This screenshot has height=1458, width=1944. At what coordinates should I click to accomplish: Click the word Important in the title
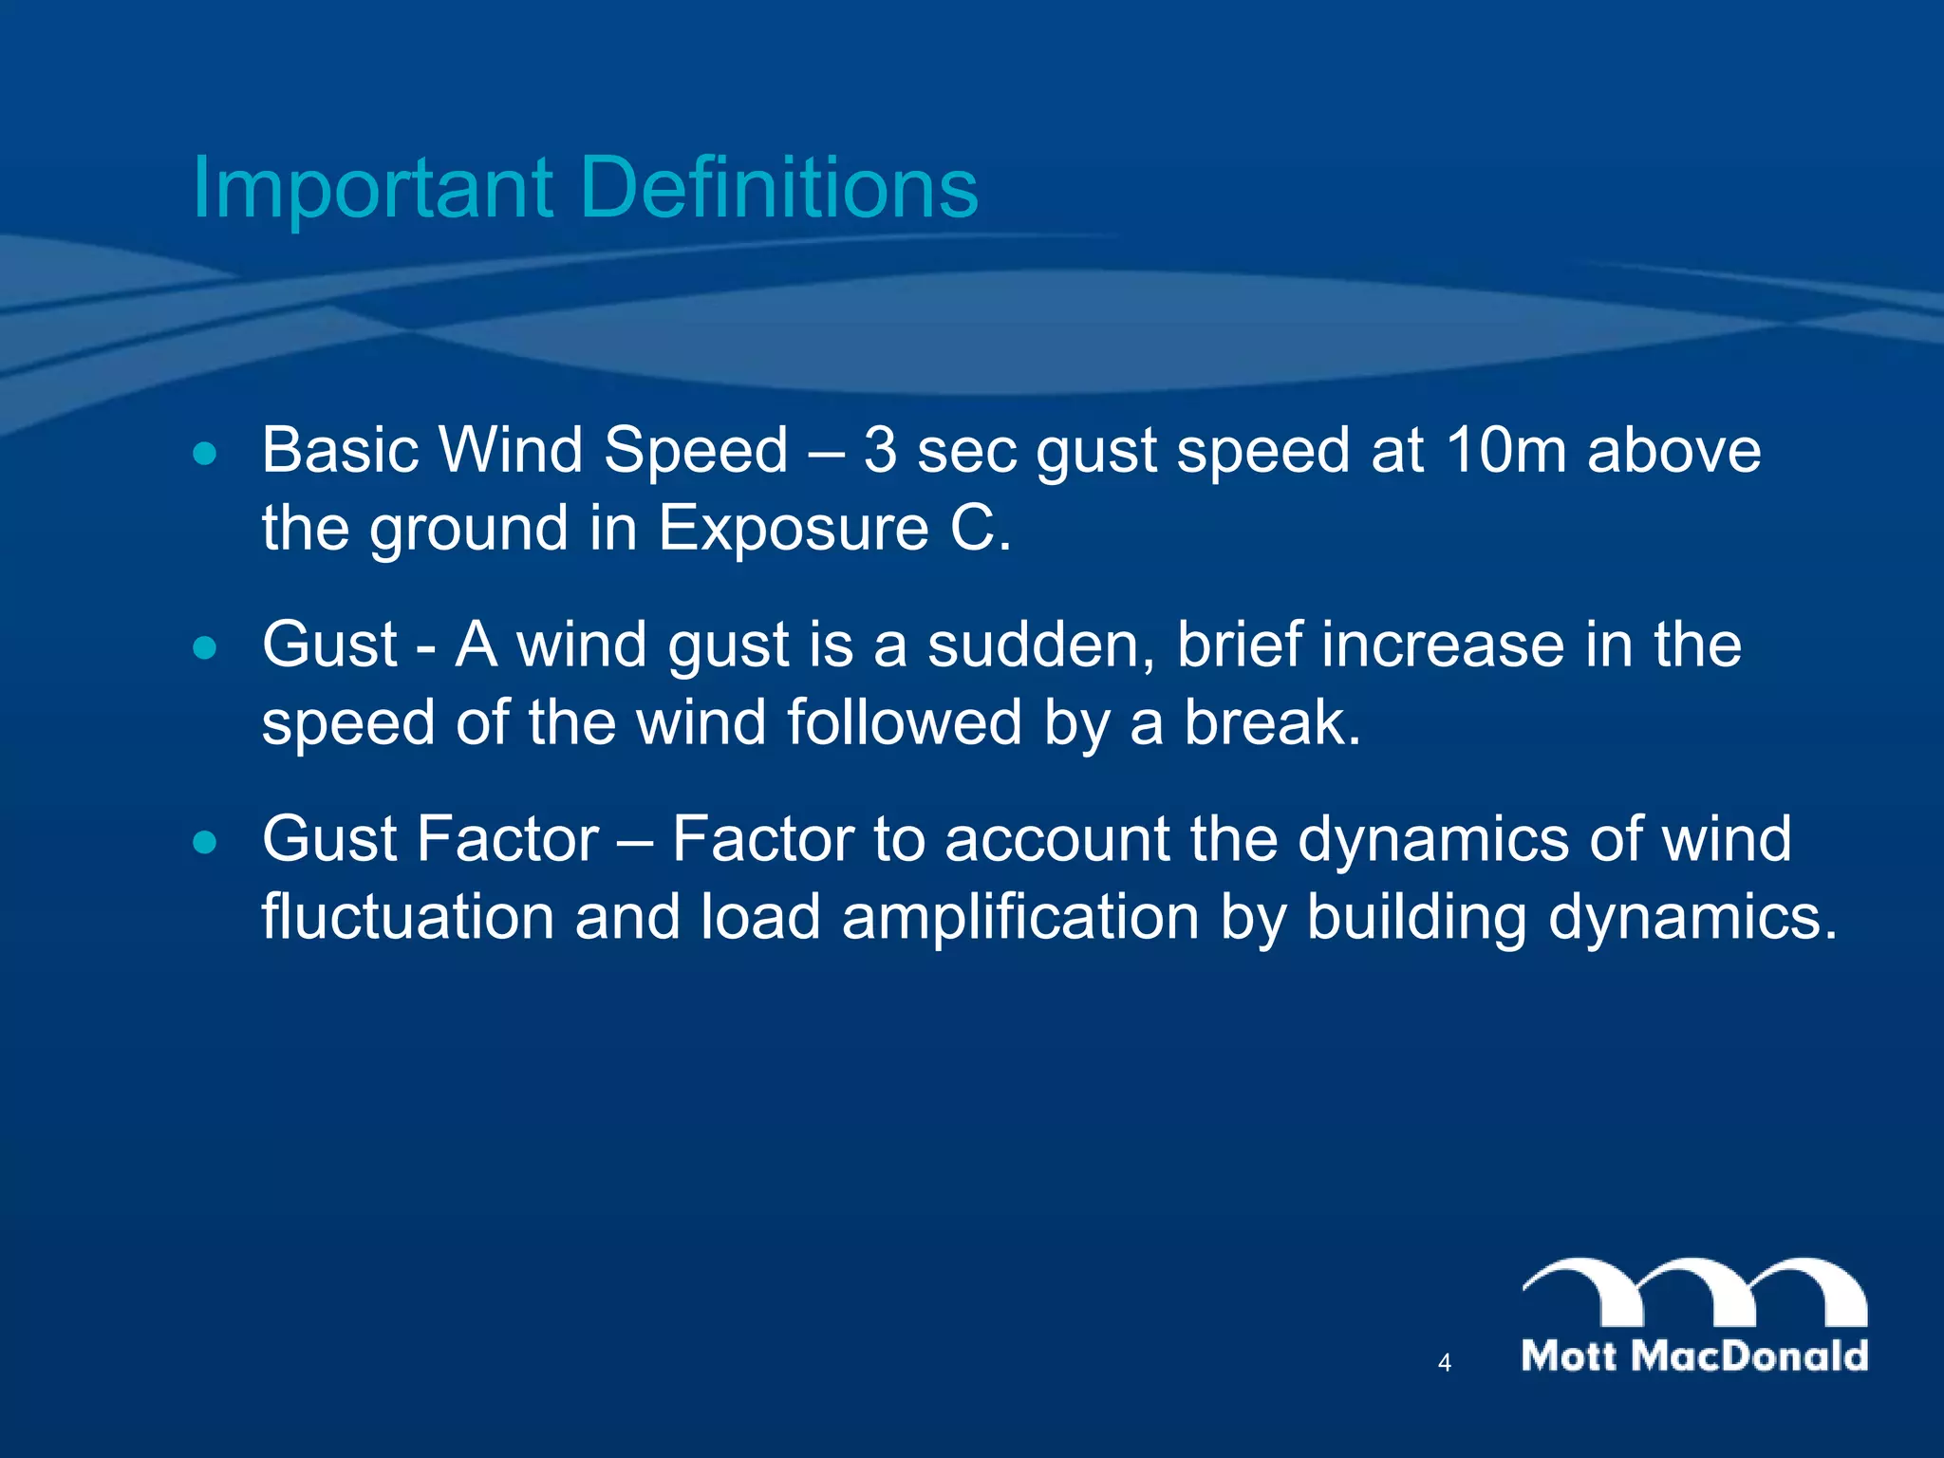pos(372,188)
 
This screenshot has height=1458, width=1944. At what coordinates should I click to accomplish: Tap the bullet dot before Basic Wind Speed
pos(204,454)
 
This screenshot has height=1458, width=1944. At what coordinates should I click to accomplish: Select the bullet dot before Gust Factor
pos(204,842)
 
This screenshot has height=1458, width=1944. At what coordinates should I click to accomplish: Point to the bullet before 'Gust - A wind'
pos(204,648)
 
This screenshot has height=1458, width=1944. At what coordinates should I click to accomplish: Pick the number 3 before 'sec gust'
pos(880,450)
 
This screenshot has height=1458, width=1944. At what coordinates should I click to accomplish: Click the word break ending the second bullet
pos(1271,723)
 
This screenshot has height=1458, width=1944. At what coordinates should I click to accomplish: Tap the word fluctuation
pos(408,919)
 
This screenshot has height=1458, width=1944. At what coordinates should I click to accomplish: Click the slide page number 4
pos(1445,1363)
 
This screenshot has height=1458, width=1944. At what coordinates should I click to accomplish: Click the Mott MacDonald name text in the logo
pos(1694,1356)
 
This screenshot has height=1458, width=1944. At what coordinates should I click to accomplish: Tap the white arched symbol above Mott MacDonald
pos(1694,1291)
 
